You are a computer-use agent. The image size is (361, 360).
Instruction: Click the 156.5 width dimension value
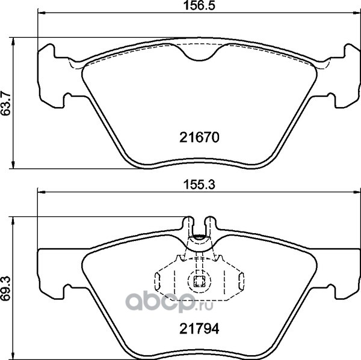pos(199,5)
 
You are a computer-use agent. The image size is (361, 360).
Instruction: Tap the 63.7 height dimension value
pos(5,103)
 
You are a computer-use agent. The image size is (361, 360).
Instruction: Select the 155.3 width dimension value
pos(199,185)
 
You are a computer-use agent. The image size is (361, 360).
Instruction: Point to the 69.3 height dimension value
pos(5,288)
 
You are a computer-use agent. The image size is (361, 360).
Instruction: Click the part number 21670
pos(199,138)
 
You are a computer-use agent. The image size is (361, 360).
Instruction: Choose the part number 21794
pos(199,329)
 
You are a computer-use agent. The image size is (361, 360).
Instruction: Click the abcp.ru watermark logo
pos(169,302)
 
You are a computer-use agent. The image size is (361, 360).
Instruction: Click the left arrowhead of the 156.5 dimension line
pos(42,13)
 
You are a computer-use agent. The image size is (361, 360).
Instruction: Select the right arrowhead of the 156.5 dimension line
pos(357,13)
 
